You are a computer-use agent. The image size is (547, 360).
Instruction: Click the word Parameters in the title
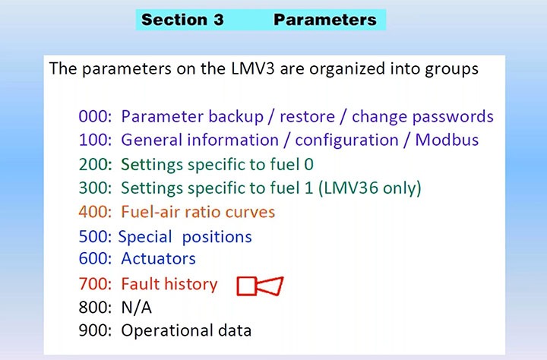pos(325,20)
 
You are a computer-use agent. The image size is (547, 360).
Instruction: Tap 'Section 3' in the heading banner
pos(182,20)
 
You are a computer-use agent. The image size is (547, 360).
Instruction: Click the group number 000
pos(94,117)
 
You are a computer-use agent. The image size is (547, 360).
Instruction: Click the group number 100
pos(94,141)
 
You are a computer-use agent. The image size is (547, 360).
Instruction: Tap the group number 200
pos(94,164)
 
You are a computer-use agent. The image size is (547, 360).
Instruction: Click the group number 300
pos(94,188)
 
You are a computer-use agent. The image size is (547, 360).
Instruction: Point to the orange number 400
pos(94,211)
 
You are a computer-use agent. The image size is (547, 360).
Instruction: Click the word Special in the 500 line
pos(146,236)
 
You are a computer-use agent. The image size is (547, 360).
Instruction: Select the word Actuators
pos(158,259)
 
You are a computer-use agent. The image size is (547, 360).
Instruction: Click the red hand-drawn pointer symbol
pos(260,286)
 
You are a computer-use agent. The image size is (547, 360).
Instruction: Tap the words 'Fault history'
pos(169,284)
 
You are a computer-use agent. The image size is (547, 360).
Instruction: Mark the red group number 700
pos(94,284)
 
